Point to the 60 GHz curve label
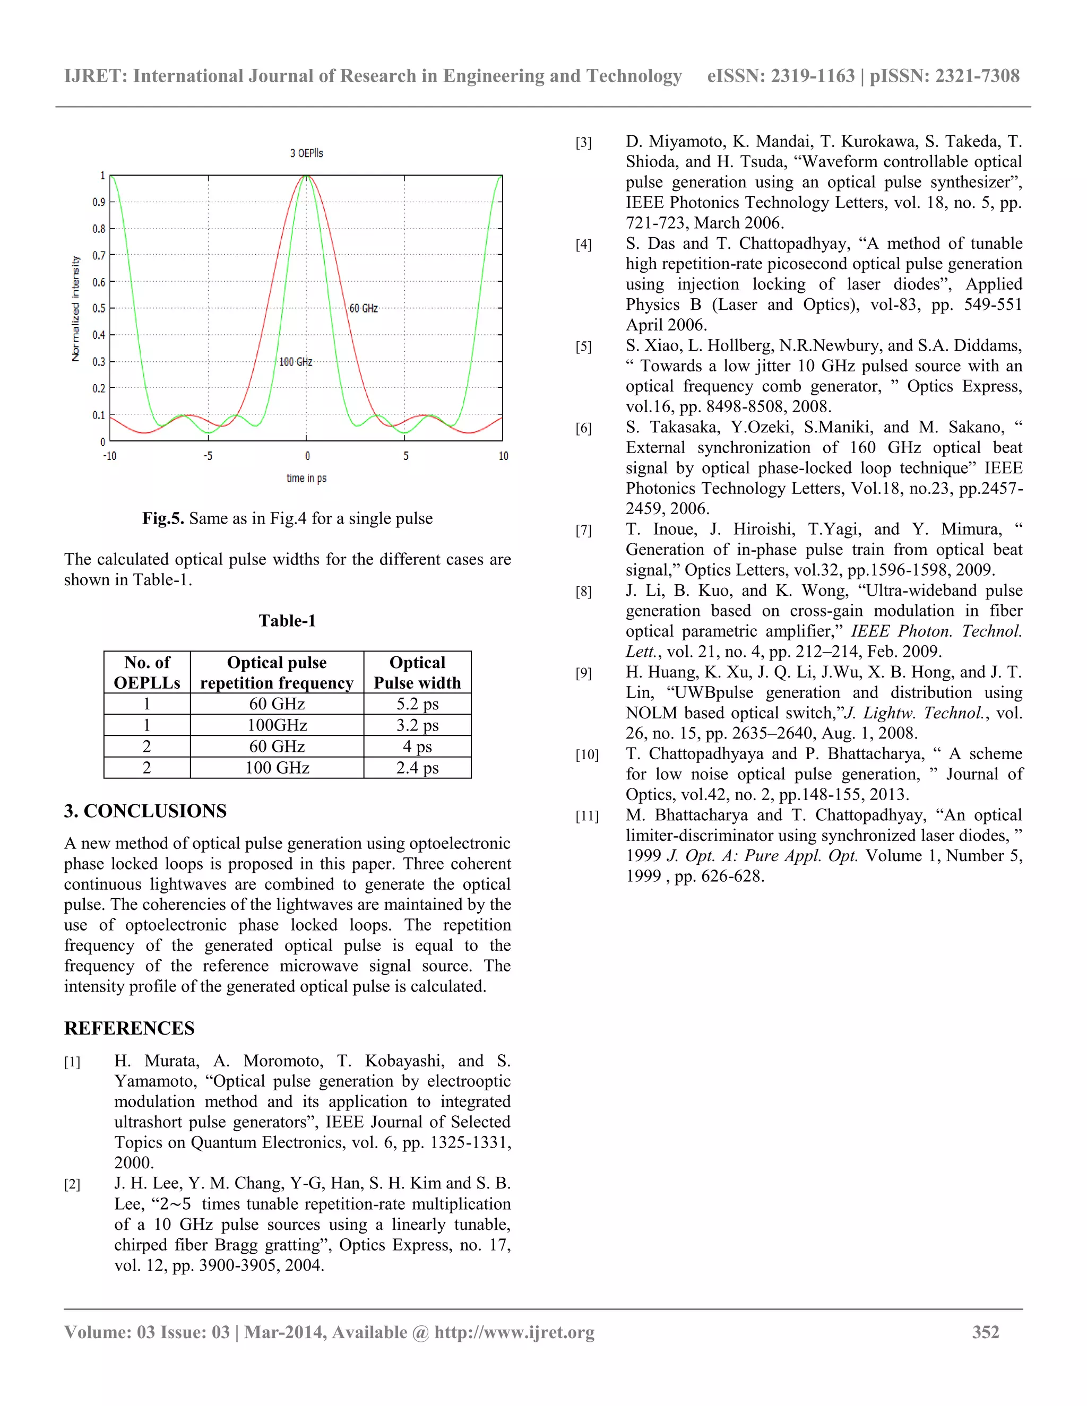[363, 308]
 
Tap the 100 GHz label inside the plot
[296, 362]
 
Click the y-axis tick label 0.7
[99, 256]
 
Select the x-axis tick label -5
[208, 456]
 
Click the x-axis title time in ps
[307, 479]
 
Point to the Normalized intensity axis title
[76, 308]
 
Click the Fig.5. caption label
[163, 519]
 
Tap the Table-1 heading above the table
[287, 621]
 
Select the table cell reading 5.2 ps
[417, 704]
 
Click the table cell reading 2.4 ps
[417, 768]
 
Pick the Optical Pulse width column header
[417, 673]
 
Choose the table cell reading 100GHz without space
[277, 725]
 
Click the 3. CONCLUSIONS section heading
[145, 811]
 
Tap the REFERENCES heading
[130, 1029]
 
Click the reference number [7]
[583, 531]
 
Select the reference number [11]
[586, 817]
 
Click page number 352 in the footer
[985, 1332]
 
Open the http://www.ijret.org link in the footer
[514, 1332]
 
